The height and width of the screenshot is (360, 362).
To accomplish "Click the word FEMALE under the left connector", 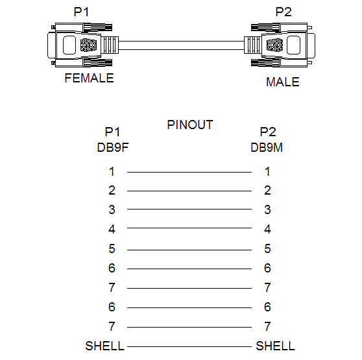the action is tap(89, 78).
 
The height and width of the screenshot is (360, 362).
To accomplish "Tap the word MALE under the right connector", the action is tap(283, 82).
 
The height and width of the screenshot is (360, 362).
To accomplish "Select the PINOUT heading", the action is tap(190, 125).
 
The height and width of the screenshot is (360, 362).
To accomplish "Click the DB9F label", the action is tap(113, 147).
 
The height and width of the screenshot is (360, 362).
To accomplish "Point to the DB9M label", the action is tap(267, 147).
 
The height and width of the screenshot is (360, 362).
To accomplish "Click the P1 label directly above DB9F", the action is tap(112, 132).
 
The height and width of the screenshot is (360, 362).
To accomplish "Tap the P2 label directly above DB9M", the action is tap(268, 132).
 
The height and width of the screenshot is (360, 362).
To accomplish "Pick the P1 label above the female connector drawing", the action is tap(81, 12).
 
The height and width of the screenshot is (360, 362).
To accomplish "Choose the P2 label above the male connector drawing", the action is tap(284, 12).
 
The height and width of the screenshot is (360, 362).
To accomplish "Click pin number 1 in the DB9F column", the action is tap(112, 171).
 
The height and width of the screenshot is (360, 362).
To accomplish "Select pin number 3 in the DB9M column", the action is tap(267, 210).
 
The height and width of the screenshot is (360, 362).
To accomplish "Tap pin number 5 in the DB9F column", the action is tap(112, 248).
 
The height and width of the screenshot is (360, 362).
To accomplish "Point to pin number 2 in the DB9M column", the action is tap(267, 191).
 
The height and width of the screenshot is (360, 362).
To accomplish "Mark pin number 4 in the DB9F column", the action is tap(112, 229).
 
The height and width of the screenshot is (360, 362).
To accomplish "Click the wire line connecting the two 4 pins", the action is tap(189, 228).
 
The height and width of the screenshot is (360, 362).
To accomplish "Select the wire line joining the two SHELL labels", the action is tap(189, 346).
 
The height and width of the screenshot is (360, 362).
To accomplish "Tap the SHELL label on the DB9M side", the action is tap(275, 346).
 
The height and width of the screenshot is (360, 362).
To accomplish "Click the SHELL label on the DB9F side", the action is tap(105, 346).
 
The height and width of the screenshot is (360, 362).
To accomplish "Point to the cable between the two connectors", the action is tap(181, 45).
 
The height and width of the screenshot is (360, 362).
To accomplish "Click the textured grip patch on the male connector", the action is tap(274, 45).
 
